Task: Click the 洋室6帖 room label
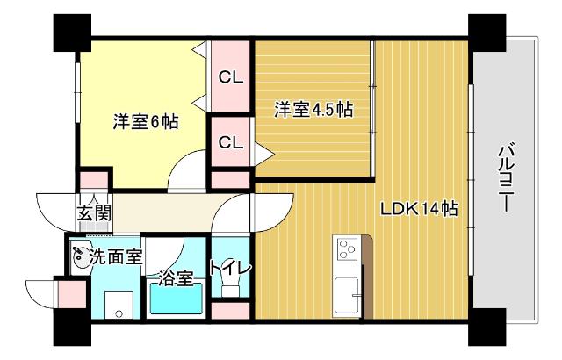click(x=145, y=123)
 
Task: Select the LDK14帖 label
click(x=418, y=209)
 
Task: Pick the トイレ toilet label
click(x=230, y=268)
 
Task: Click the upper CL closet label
click(x=230, y=77)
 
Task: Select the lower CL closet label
click(x=230, y=142)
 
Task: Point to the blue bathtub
click(x=176, y=299)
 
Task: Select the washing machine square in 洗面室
click(x=116, y=304)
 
